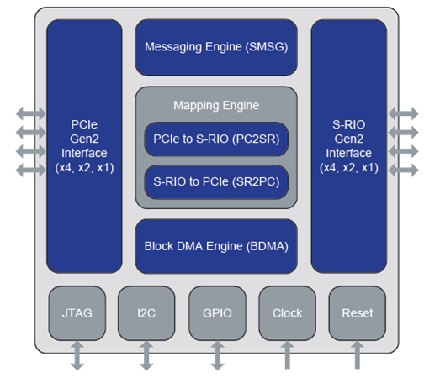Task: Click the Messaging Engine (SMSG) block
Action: click(216, 47)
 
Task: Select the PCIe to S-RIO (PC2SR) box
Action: click(216, 139)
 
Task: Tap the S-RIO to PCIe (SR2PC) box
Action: click(216, 182)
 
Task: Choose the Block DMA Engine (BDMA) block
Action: click(216, 246)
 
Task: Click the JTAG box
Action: click(77, 313)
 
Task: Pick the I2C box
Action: click(146, 313)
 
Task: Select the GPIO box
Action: click(217, 313)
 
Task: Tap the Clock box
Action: click(288, 313)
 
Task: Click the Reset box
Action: click(358, 313)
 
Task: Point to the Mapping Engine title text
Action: click(216, 106)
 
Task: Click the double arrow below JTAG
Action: click(77, 355)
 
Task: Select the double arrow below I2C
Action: click(146, 355)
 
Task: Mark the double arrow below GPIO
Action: click(217, 355)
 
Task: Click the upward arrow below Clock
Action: click(288, 354)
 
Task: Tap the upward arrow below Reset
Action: click(358, 354)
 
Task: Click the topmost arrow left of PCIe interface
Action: click(31, 113)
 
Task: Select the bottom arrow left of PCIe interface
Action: click(31, 170)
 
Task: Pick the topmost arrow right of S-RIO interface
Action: click(404, 113)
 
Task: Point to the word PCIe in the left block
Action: click(84, 124)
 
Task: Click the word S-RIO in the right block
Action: click(349, 124)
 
